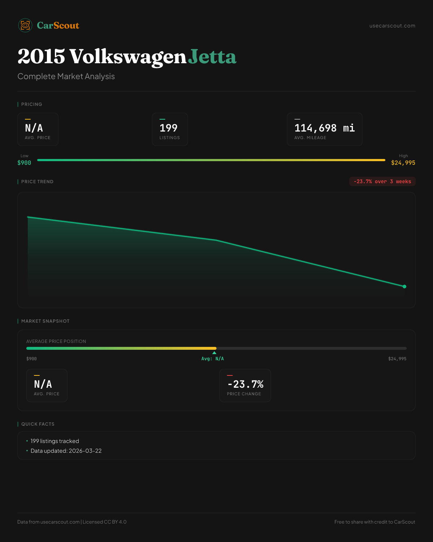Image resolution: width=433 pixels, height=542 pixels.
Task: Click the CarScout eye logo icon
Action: (25, 25)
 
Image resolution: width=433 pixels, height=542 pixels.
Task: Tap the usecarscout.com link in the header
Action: (392, 26)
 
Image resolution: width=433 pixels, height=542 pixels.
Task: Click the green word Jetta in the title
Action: (212, 57)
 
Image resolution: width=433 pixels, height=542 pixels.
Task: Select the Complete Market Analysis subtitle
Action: (66, 76)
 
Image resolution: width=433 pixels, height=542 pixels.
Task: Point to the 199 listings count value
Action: (169, 128)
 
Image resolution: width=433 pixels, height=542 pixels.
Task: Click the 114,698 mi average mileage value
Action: (324, 128)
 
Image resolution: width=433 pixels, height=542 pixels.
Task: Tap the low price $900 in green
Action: (24, 163)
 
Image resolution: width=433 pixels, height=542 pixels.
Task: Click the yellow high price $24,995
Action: (403, 163)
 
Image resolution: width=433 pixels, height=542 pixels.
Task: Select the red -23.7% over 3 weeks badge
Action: (382, 181)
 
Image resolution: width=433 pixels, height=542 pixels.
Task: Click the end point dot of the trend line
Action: (404, 287)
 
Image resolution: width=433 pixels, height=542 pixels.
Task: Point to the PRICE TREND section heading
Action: (37, 182)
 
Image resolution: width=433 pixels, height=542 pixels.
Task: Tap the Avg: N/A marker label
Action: (213, 359)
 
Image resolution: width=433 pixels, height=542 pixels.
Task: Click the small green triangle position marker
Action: (214, 353)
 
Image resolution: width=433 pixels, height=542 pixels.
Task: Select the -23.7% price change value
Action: (245, 384)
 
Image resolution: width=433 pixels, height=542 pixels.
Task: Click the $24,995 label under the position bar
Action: (397, 359)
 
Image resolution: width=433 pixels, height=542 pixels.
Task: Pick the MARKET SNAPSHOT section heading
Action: (45, 321)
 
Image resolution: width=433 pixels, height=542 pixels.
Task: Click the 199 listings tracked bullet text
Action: (55, 441)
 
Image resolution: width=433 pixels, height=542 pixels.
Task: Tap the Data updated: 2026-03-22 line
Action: (66, 451)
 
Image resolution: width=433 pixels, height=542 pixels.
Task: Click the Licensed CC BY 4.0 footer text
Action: (105, 522)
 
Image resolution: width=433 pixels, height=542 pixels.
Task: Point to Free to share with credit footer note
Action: (375, 522)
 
